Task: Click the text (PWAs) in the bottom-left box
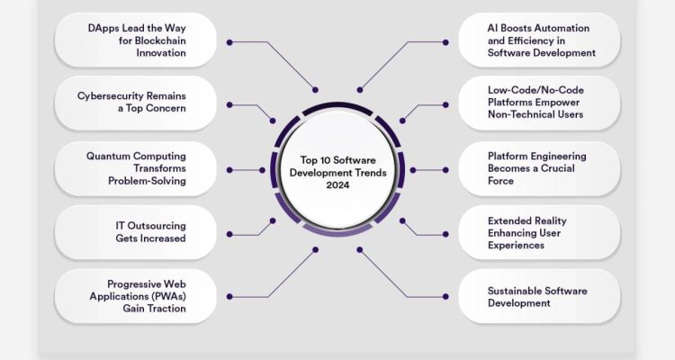tap(166, 296)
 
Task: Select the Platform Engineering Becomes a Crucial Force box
tap(539, 168)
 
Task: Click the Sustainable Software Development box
tap(539, 297)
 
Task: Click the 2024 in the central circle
tap(338, 184)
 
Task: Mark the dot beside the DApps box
tap(229, 41)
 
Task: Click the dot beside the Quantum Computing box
tap(229, 169)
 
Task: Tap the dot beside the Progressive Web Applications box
tap(229, 297)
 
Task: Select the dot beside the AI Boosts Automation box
tap(445, 41)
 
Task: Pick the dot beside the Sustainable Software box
tap(445, 297)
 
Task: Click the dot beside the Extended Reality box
tap(445, 233)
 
